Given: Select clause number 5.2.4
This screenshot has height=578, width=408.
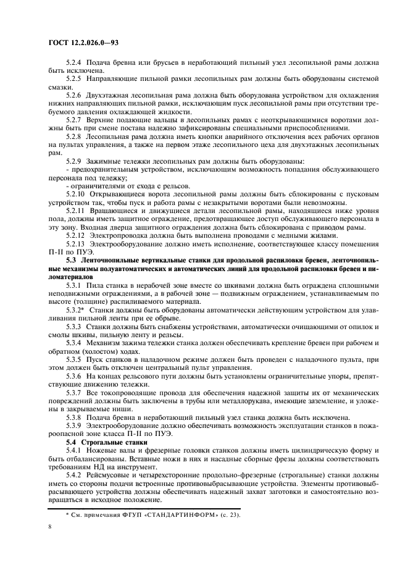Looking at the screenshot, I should point(75,64).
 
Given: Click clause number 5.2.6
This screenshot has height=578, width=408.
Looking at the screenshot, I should point(75,94).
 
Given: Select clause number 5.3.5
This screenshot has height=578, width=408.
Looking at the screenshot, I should point(75,358).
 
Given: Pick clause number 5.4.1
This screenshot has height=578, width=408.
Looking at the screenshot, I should point(75,451).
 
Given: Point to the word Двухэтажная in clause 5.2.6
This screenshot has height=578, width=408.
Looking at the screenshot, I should point(112,94).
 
